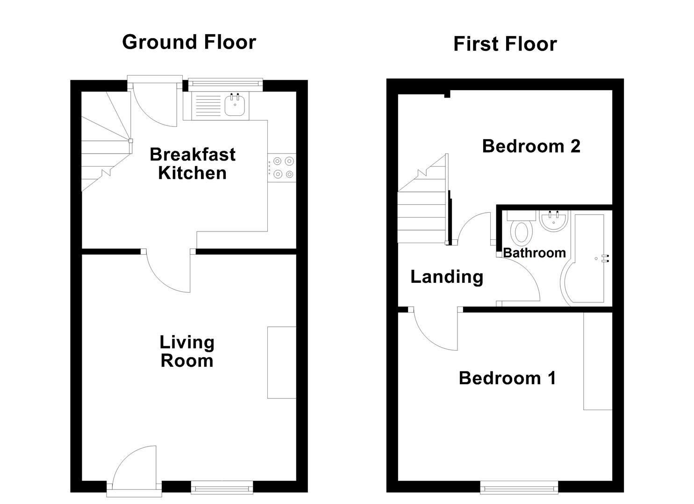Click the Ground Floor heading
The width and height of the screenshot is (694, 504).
(x=189, y=42)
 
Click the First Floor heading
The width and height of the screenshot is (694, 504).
(x=505, y=44)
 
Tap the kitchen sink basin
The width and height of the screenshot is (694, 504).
(x=235, y=105)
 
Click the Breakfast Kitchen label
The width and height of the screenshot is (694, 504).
(x=192, y=163)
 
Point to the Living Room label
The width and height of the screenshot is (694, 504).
(x=187, y=351)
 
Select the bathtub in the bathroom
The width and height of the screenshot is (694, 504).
(x=589, y=259)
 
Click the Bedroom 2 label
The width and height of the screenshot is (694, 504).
(x=531, y=146)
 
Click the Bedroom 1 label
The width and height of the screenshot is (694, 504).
(x=507, y=378)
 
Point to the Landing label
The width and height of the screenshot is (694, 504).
(x=446, y=277)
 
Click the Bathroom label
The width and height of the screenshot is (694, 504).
(x=534, y=253)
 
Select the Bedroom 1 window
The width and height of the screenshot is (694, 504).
(x=519, y=488)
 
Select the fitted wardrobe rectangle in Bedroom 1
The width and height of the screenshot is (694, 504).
(x=598, y=361)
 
